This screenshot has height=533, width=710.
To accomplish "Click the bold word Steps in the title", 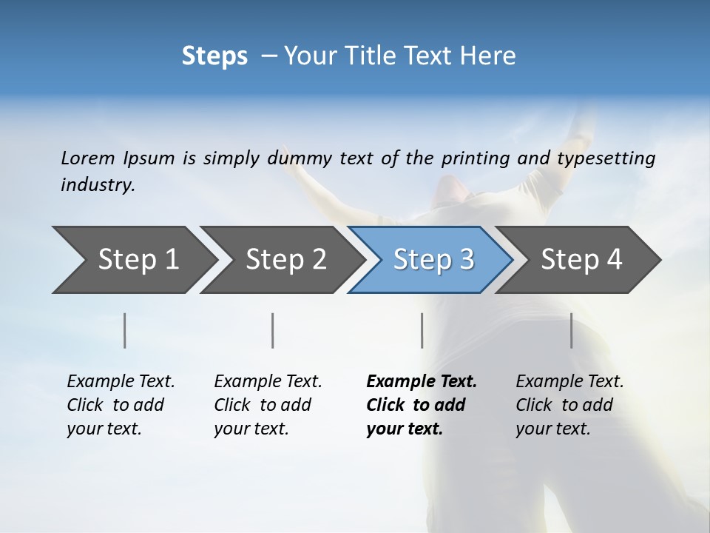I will tap(214, 56).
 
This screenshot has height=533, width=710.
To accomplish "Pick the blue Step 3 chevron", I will tap(433, 260).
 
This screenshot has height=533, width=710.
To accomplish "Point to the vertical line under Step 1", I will tap(125, 330).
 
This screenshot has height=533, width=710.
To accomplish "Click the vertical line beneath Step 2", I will tap(273, 330).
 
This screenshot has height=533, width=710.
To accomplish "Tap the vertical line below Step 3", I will tap(422, 330).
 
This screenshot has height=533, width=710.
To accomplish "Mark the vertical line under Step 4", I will tap(572, 330).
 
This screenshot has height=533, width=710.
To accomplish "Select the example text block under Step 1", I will tap(121, 405).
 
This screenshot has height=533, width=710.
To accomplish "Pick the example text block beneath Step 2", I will tap(268, 405).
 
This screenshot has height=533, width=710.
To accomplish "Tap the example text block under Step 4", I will tap(569, 405).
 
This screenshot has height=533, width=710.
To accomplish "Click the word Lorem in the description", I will tap(88, 158).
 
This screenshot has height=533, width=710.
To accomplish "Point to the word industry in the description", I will tap(98, 185).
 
